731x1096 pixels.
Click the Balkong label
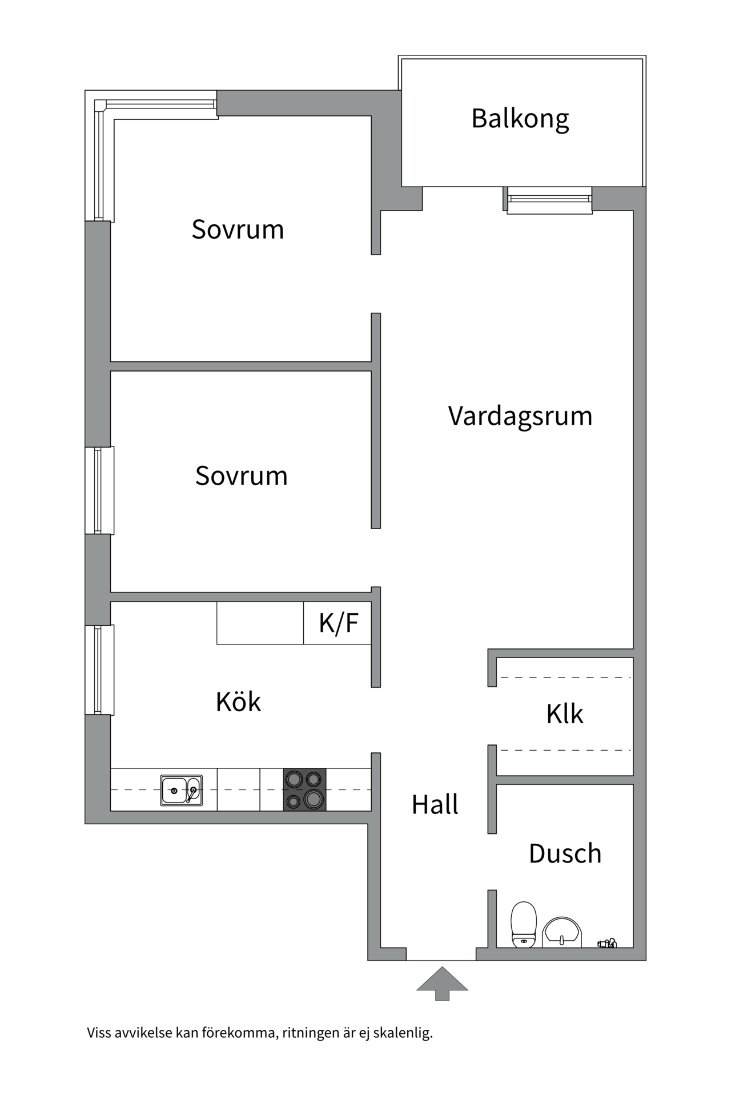pyautogui.click(x=520, y=119)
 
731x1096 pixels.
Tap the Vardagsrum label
pyautogui.click(x=520, y=416)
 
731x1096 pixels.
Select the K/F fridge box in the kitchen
pyautogui.click(x=338, y=623)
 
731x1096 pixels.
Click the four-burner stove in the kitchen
pyautogui.click(x=304, y=789)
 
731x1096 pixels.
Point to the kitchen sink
pyautogui.click(x=181, y=790)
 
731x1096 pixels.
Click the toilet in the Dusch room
pyautogui.click(x=524, y=924)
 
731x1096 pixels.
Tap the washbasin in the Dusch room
pyautogui.click(x=562, y=932)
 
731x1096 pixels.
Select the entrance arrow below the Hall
pyautogui.click(x=442, y=983)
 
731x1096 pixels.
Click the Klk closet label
pyautogui.click(x=564, y=714)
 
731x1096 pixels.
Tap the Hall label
pyautogui.click(x=435, y=805)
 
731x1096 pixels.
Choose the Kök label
pyautogui.click(x=238, y=702)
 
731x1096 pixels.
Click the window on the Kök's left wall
pyautogui.click(x=99, y=670)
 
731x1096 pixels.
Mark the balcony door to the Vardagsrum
pyautogui.click(x=549, y=200)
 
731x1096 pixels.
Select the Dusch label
pyautogui.click(x=565, y=854)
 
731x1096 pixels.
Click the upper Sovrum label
pyautogui.click(x=238, y=229)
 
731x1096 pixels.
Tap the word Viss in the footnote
pyautogui.click(x=99, y=1033)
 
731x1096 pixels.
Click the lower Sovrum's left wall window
pyautogui.click(x=99, y=490)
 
